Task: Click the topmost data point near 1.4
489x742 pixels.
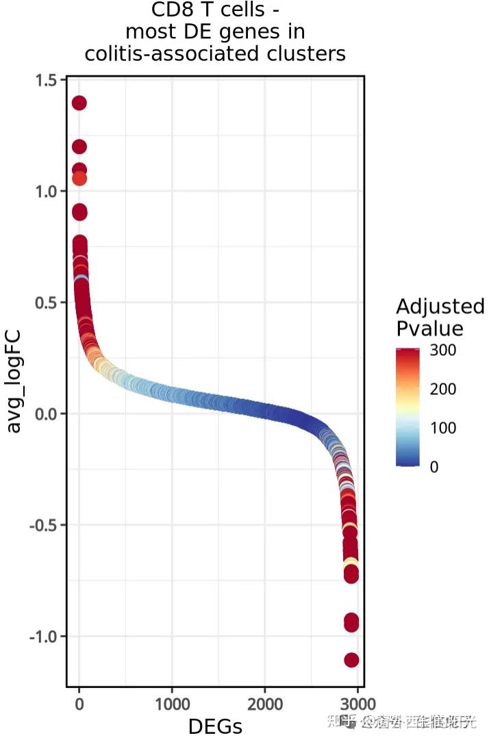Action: tap(79, 103)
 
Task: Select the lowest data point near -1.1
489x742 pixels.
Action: tap(351, 660)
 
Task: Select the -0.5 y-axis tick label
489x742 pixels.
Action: tap(42, 525)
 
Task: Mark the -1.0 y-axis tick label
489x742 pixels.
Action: tap(42, 637)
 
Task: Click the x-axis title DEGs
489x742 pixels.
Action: tap(215, 726)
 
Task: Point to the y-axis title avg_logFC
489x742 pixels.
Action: tap(14, 381)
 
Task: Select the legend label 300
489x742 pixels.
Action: tap(442, 350)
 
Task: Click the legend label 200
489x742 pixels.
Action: tap(442, 389)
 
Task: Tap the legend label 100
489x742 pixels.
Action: tap(442, 428)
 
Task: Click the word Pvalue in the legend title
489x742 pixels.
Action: tap(429, 329)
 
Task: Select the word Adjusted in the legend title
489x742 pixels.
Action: tap(440, 306)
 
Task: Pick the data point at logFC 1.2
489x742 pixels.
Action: tap(79, 146)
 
